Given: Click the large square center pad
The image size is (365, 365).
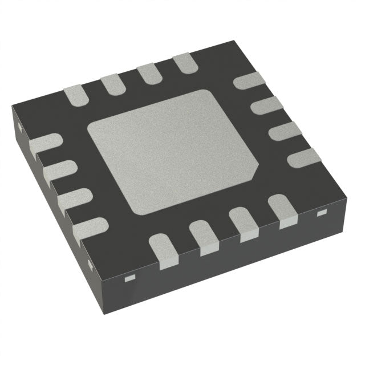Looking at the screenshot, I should tap(171, 151).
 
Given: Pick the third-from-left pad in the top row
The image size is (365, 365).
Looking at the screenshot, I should tap(148, 74).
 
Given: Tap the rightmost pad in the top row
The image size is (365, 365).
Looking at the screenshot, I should tap(184, 63).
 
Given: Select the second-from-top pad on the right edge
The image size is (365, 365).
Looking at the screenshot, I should tap(266, 106).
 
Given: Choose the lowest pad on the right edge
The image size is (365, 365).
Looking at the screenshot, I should tap(303, 157).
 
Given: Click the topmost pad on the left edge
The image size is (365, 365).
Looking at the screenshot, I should tap(44, 145).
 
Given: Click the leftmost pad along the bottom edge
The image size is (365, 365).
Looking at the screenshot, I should tap(164, 252).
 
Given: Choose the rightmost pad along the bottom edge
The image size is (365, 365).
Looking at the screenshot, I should tap(282, 209).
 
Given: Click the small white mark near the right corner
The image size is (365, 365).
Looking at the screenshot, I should tap(321, 213).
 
